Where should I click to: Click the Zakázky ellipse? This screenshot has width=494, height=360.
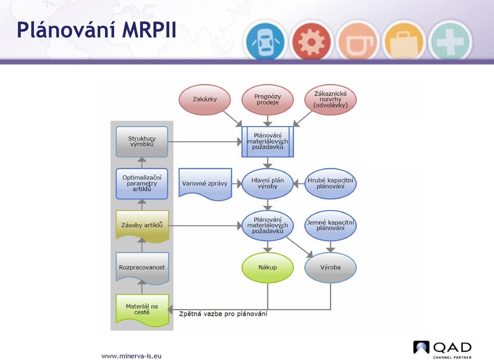[205, 99]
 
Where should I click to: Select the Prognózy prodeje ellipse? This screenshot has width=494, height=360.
[268, 99]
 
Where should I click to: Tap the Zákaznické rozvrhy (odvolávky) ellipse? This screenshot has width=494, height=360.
[330, 99]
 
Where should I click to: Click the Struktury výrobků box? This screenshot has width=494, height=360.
[142, 142]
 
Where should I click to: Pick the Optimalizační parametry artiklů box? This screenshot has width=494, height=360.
[142, 183]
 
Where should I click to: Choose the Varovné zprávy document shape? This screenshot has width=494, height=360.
[205, 184]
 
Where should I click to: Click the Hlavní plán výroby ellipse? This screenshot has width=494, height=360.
[268, 183]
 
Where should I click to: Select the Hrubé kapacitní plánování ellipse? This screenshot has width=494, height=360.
[330, 183]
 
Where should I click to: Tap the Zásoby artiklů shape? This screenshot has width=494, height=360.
[143, 226]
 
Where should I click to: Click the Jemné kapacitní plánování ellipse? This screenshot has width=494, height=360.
[330, 226]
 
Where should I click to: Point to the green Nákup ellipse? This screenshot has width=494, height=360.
[268, 267]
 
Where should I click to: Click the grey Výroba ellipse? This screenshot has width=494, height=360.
[330, 267]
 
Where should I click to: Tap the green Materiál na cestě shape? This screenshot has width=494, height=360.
[143, 310]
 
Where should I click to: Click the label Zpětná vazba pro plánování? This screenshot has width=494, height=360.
[223, 314]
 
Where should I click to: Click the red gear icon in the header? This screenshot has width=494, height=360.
[311, 41]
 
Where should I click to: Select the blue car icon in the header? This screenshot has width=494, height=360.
[265, 41]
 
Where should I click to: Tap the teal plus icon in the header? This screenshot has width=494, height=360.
[450, 41]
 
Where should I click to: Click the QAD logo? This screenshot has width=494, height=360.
[443, 349]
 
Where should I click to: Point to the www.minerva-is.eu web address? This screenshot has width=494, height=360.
[131, 356]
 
